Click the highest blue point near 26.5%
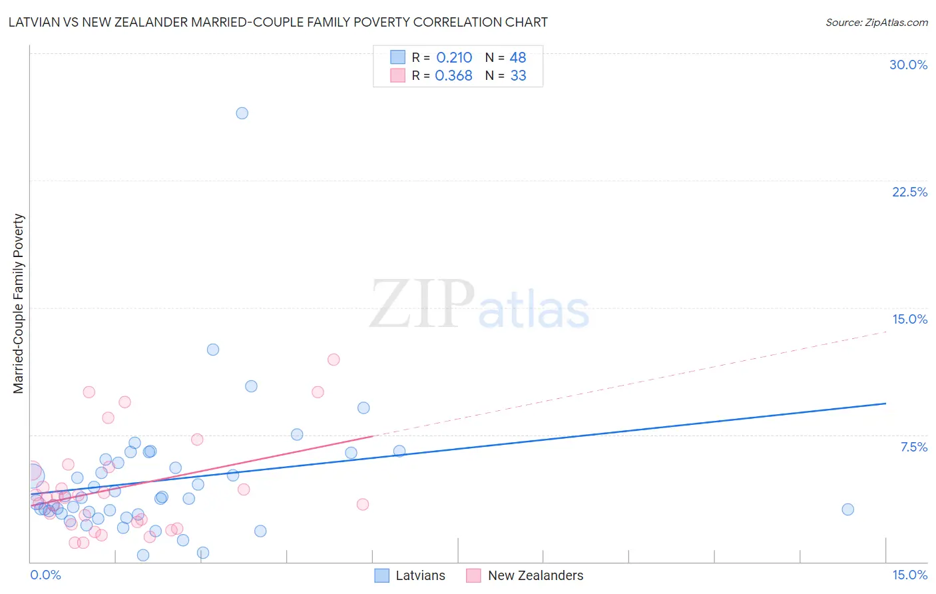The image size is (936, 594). [242, 113]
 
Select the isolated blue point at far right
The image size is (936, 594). [847, 509]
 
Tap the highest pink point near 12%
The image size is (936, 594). [334, 360]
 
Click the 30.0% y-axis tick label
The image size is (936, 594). [908, 65]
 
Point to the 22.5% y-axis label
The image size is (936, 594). [909, 192]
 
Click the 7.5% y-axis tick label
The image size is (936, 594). [913, 447]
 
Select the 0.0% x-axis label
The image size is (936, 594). [45, 575]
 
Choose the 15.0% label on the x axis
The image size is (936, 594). [909, 575]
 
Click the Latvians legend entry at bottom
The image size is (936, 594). [420, 575]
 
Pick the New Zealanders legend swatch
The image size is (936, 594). [473, 575]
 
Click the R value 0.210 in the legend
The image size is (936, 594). [454, 58]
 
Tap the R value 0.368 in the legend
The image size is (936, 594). [453, 76]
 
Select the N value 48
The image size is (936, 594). [518, 58]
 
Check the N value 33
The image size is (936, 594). [518, 76]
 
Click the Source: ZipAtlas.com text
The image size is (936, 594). [876, 23]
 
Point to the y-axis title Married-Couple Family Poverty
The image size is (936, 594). [19, 303]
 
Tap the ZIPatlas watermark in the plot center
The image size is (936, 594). [479, 305]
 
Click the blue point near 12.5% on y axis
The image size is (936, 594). [213, 350]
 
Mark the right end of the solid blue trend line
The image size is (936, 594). [885, 404]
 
